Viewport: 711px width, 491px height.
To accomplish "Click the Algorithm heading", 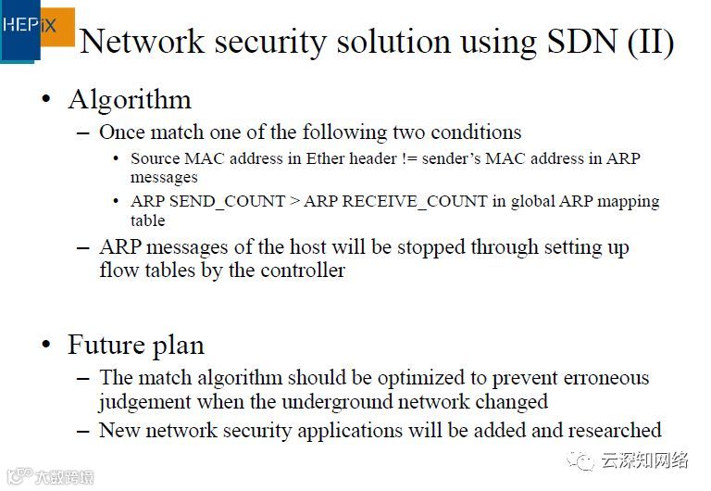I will tap(130, 99).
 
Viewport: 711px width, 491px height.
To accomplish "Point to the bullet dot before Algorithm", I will tap(45, 100).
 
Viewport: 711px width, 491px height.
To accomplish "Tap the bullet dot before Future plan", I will tap(45, 346).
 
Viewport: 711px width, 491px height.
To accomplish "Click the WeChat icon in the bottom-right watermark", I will tap(586, 460).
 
